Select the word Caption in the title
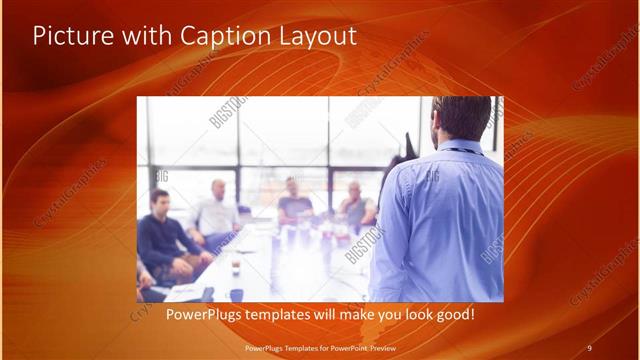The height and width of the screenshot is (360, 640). [220, 37]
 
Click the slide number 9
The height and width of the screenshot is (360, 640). [589, 348]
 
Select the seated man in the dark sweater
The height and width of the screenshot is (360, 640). [162, 240]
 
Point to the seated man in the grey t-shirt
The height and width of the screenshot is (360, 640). [295, 205]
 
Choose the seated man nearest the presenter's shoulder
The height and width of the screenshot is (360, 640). [356, 205]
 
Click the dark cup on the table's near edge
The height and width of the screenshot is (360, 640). [236, 294]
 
